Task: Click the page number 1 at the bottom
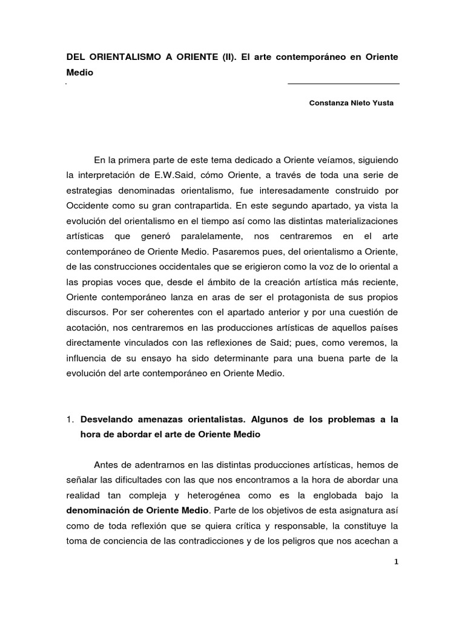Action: pyautogui.click(x=395, y=562)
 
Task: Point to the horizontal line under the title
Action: pyautogui.click(x=343, y=84)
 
